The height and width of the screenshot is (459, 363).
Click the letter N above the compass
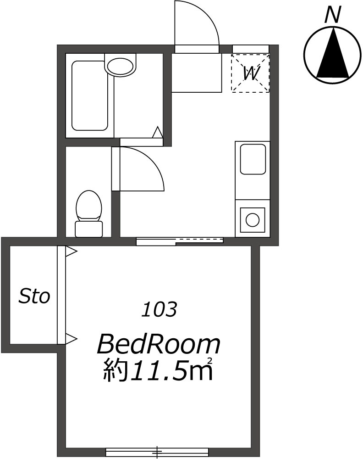tap(333, 15)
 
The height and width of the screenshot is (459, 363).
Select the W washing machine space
tap(250, 73)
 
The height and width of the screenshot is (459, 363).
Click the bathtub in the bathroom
tap(90, 95)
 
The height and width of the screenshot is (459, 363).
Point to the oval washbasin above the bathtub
tap(121, 66)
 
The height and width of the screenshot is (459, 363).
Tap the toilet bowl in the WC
tap(89, 206)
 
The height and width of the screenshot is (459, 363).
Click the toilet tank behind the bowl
tap(89, 229)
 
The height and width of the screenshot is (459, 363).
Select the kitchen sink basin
tap(253, 159)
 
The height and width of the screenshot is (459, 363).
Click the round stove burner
tap(253, 220)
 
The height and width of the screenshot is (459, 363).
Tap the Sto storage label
tap(34, 296)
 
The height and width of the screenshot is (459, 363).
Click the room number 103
tap(159, 310)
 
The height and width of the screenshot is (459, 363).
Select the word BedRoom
tap(158, 345)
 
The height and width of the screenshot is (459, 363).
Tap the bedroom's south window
tap(157, 452)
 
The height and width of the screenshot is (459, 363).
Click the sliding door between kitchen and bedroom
tap(180, 241)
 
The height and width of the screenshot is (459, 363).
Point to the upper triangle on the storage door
tap(71, 251)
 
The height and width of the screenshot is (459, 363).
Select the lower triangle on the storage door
tap(71, 339)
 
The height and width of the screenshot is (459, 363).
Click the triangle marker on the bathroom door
tap(158, 132)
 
